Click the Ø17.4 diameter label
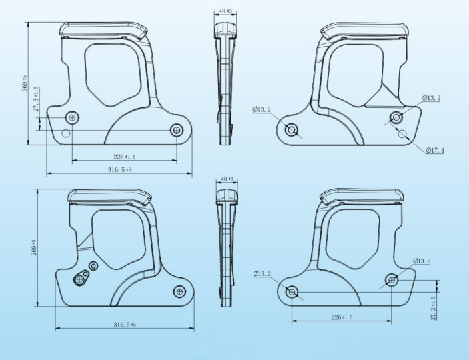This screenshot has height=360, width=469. pos(435,150)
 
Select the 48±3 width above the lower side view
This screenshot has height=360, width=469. pos(226,179)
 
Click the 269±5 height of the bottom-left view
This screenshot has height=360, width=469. pos(33,247)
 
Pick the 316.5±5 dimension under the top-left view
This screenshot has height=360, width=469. pos(119,170)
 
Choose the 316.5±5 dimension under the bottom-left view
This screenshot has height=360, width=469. pos(124,325)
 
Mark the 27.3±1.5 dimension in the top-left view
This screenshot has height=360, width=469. pos(37,100)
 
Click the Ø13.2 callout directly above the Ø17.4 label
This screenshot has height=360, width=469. pos(431,98)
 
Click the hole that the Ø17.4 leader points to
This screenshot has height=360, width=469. pos(403,134)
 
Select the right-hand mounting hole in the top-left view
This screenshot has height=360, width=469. pos(177,129)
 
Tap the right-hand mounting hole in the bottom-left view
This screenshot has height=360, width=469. pos(179,291)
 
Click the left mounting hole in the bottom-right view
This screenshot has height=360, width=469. pos(292,291)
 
